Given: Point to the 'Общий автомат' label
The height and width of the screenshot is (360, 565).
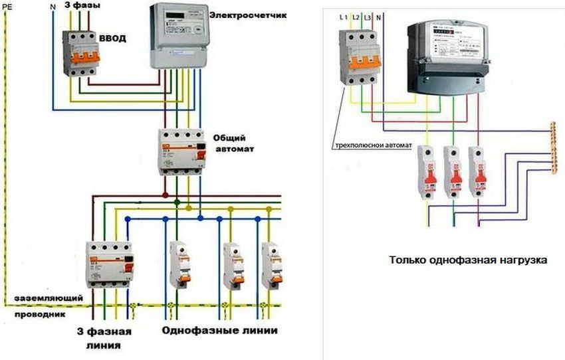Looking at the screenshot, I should click(232, 142).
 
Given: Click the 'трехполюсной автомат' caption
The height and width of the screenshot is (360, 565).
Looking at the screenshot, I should click(372, 144).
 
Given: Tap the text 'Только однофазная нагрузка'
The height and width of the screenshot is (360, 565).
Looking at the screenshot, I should click(469, 261).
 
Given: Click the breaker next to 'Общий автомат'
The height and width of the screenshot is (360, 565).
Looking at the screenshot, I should click(182, 150).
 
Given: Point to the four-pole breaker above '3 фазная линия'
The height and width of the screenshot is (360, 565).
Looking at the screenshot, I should click(110, 264).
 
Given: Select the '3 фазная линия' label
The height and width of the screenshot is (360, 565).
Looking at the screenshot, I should click(102, 337).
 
